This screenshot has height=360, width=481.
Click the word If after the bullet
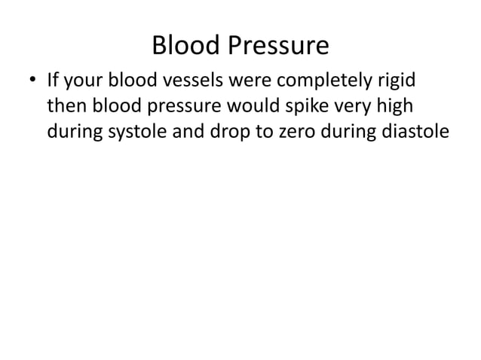click(x=54, y=80)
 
